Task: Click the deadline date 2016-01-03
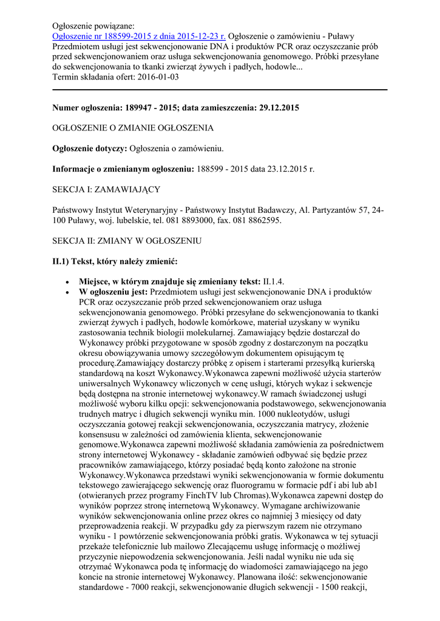point(157,77)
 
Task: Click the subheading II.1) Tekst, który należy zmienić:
point(115,261)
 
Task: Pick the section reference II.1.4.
point(274,281)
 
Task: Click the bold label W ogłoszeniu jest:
point(113,292)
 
